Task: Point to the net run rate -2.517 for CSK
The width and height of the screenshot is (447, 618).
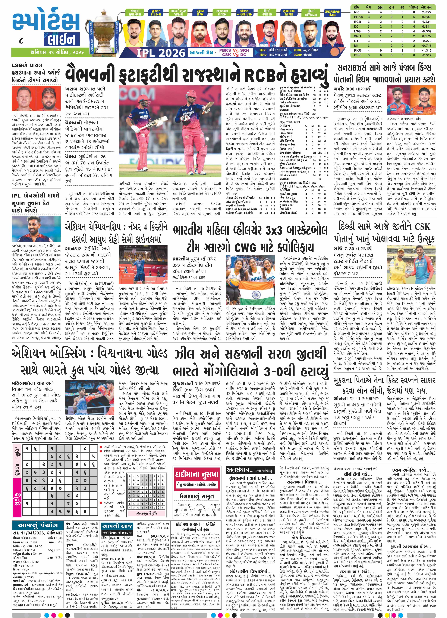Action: (x=427, y=55)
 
